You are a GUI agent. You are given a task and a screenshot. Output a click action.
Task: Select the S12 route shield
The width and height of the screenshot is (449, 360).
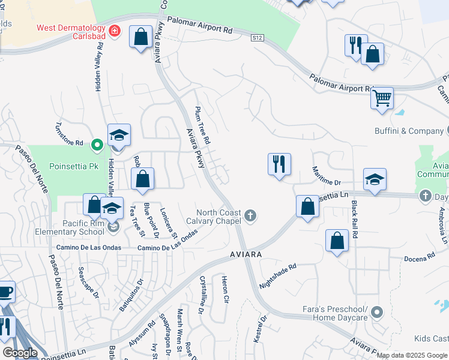pyautogui.click(x=257, y=38)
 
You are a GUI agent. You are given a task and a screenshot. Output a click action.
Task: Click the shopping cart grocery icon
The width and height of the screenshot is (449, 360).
pyautogui.click(x=382, y=97)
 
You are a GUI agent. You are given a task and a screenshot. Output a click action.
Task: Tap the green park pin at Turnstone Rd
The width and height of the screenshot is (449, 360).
pyautogui.click(x=96, y=145)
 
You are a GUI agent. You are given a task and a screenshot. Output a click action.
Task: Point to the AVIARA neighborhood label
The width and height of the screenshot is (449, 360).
pyautogui.click(x=246, y=255)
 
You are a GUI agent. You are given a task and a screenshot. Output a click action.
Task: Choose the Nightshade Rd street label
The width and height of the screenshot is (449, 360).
pyautogui.click(x=277, y=275)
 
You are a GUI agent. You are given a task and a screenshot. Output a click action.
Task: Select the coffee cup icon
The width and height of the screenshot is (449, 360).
pyautogui.click(x=5, y=292)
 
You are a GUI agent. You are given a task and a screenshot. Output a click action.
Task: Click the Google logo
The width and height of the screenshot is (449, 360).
pyautogui.click(x=20, y=353)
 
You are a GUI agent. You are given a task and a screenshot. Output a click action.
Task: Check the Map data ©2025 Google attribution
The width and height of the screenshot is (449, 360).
pyautogui.click(x=412, y=355)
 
